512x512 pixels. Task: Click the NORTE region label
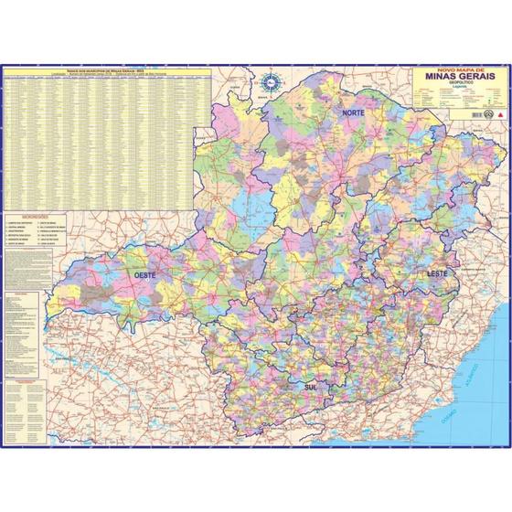coord(354,112)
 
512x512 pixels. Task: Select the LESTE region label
coord(432,273)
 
